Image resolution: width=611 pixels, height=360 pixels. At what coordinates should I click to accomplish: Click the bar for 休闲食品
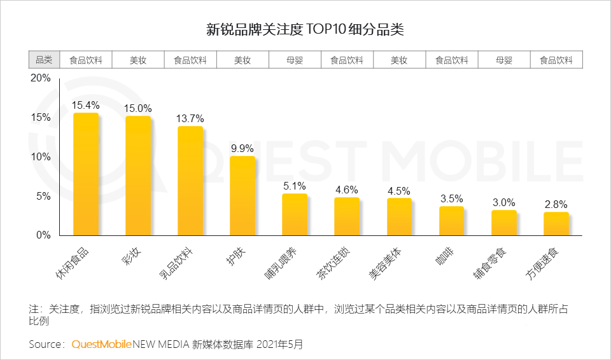pyautogui.click(x=86, y=174)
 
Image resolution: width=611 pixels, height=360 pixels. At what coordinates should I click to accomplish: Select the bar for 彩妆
pyautogui.click(x=138, y=176)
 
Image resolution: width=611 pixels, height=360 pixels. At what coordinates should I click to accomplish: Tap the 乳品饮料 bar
pyautogui.click(x=190, y=181)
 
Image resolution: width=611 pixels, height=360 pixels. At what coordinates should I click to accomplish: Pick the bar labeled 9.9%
pyautogui.click(x=242, y=196)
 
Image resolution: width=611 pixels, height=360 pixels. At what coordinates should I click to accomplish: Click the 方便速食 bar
pyautogui.click(x=556, y=224)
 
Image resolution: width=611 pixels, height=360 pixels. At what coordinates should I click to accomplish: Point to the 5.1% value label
pyautogui.click(x=295, y=186)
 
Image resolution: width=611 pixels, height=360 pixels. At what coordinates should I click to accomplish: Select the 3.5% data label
pyautogui.click(x=451, y=198)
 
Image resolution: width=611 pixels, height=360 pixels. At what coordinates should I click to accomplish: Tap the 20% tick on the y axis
pyautogui.click(x=41, y=78)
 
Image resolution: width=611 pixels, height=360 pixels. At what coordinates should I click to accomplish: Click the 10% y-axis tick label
pyautogui.click(x=41, y=157)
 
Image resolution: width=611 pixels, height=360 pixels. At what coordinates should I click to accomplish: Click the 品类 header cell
pyautogui.click(x=44, y=60)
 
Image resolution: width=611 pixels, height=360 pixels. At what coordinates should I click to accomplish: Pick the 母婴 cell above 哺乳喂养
pyautogui.click(x=295, y=60)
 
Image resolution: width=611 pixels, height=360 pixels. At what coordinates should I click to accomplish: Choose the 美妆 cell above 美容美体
pyautogui.click(x=399, y=60)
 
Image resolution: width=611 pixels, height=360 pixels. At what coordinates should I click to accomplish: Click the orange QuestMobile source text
pyautogui.click(x=102, y=344)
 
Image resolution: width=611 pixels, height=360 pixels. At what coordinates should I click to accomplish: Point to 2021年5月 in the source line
pyautogui.click(x=279, y=344)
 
